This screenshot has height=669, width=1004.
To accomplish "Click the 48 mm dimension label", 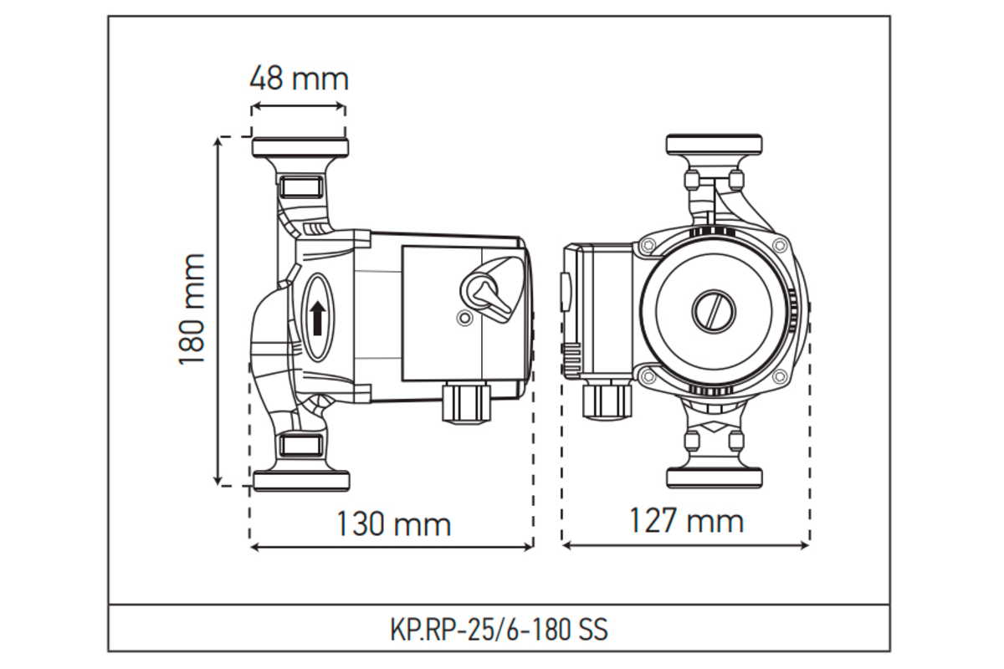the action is click(x=299, y=79).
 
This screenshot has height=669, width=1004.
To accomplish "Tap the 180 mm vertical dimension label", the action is click(x=192, y=309).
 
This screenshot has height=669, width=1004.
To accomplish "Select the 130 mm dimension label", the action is click(x=393, y=523).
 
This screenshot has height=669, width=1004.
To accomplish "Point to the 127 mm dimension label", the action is click(x=687, y=520).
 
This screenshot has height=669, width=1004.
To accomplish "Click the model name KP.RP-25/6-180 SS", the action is click(x=499, y=629).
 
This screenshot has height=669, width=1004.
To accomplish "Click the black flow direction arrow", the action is click(x=318, y=318).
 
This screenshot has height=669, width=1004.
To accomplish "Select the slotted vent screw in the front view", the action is click(x=714, y=311).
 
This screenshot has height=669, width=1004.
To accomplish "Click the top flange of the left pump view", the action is click(x=300, y=147).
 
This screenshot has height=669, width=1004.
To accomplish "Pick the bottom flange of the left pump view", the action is click(x=302, y=481).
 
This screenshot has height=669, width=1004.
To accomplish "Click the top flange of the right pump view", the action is click(x=714, y=145).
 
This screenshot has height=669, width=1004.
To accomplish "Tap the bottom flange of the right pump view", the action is click(x=715, y=478).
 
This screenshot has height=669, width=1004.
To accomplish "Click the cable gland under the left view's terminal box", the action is click(x=467, y=402).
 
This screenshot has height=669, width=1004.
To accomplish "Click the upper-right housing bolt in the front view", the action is click(x=781, y=245).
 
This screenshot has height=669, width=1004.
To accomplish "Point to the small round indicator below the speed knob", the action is click(x=464, y=318).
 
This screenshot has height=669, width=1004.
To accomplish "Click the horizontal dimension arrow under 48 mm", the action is click(x=298, y=107).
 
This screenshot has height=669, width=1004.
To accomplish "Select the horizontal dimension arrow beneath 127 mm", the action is click(x=685, y=545).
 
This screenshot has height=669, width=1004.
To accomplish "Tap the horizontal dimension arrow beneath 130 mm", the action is click(x=392, y=547).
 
